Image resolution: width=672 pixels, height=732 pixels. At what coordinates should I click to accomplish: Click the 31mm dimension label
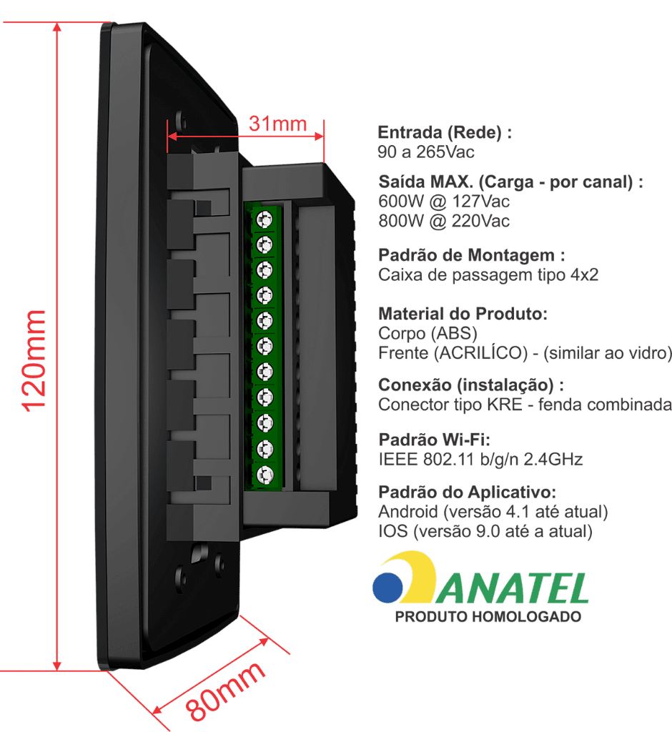click(278, 124)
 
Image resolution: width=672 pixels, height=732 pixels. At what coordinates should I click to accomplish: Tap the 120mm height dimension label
click(34, 361)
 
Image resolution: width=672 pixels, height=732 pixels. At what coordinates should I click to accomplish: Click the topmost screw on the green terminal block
click(265, 219)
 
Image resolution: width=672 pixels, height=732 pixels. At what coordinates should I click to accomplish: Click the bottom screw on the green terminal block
click(265, 475)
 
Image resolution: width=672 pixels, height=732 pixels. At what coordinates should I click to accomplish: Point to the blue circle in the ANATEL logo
click(387, 588)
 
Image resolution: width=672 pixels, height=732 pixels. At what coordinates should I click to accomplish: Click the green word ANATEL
click(513, 589)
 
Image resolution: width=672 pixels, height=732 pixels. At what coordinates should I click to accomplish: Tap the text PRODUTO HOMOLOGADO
click(488, 617)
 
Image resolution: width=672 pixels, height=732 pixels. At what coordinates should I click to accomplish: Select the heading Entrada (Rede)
click(445, 132)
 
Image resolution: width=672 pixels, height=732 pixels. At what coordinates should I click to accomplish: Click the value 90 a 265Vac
click(426, 152)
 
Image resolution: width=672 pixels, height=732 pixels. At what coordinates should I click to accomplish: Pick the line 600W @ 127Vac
click(444, 202)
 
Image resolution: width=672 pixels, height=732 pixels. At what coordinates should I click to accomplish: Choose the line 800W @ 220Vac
click(444, 222)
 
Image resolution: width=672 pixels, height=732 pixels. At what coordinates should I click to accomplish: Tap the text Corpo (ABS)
click(428, 334)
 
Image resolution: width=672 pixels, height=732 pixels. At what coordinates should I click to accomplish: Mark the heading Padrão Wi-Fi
click(435, 440)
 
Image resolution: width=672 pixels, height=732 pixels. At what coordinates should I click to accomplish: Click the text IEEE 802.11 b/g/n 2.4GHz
click(480, 460)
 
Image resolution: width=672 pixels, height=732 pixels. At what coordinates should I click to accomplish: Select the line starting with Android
click(493, 512)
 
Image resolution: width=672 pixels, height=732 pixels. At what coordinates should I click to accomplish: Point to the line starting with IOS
click(485, 532)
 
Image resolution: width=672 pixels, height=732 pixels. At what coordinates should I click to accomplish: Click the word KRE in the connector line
click(504, 405)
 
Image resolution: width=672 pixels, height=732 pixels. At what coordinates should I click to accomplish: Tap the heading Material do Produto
click(463, 314)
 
